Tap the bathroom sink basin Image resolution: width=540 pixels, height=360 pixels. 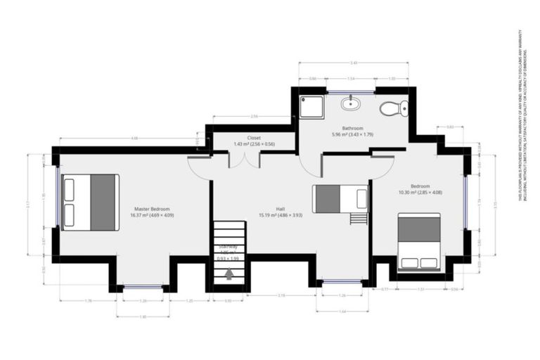tap(350, 104)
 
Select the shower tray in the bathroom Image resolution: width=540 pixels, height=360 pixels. tap(311, 107)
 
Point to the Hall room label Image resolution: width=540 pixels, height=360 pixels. tap(261, 212)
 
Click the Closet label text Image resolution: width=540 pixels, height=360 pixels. tap(254, 141)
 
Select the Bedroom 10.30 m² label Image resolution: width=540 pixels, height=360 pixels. tap(420, 189)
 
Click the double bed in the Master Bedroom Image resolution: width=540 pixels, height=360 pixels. tap(89, 202)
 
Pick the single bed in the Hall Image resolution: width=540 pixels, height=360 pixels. tap(340, 198)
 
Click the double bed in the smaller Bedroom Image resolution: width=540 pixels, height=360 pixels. tap(419, 242)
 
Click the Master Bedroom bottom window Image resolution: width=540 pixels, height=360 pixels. tap(142, 286)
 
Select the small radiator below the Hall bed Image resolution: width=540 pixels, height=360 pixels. tap(358, 218)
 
